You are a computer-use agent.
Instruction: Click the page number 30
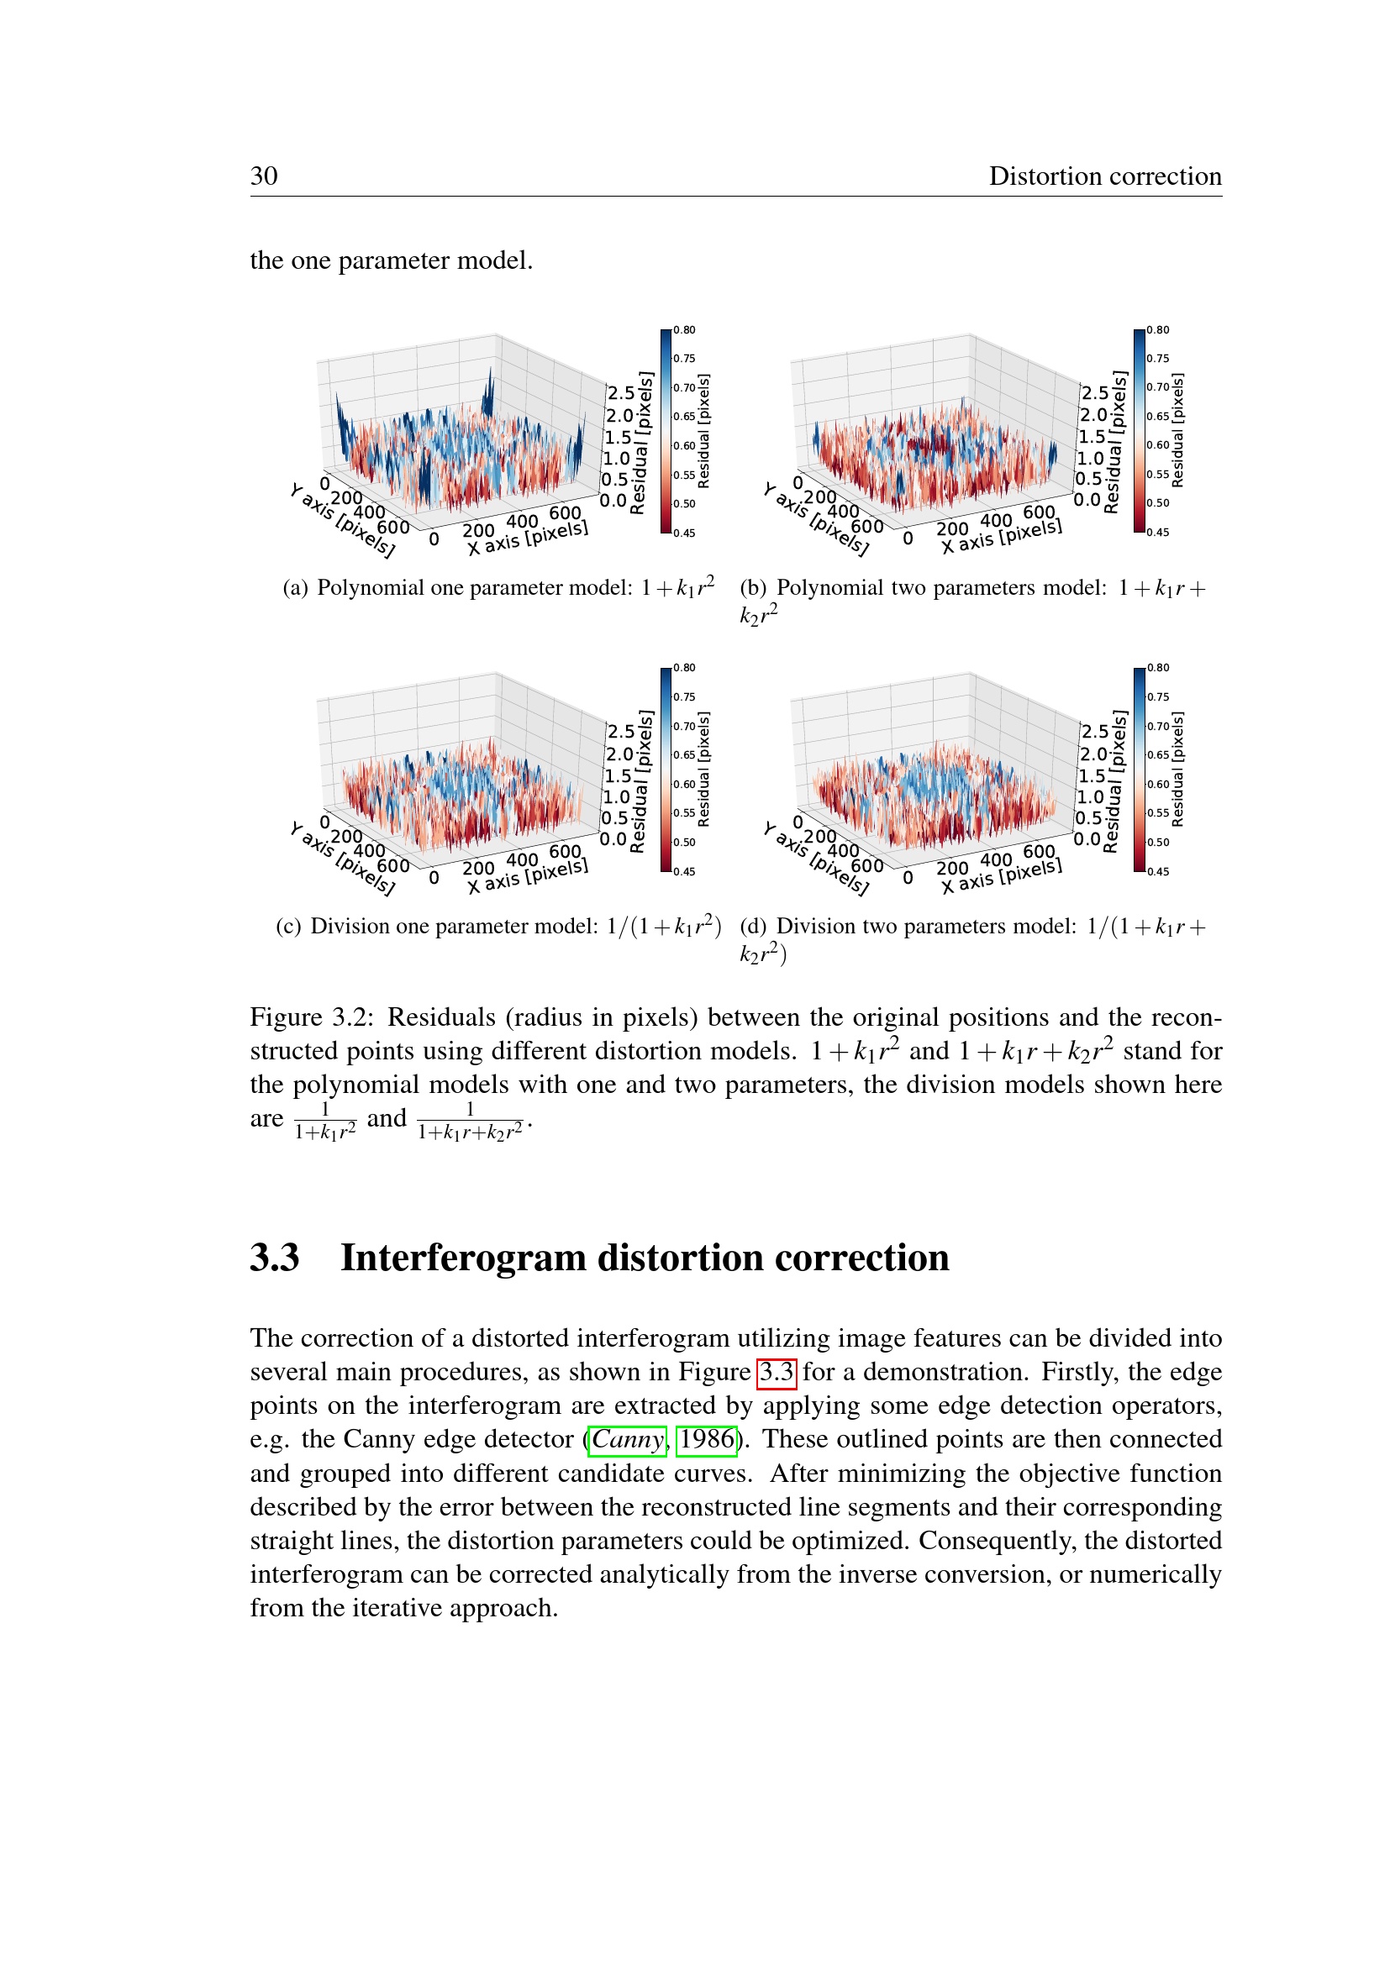click(x=264, y=176)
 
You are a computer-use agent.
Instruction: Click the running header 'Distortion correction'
click(x=1104, y=176)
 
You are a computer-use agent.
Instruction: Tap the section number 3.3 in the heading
click(x=275, y=1258)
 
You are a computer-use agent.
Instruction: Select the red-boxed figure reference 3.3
click(x=777, y=1372)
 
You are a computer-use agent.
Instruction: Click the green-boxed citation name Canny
click(x=628, y=1440)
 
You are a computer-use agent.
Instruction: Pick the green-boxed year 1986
click(x=706, y=1440)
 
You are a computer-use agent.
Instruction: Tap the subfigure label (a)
click(x=295, y=588)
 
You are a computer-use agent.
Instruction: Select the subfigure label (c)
click(x=288, y=926)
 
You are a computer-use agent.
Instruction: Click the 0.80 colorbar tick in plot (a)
click(x=684, y=330)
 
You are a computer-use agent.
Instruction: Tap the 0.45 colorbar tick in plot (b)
click(x=1157, y=532)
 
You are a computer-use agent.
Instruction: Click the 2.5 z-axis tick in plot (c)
click(x=620, y=732)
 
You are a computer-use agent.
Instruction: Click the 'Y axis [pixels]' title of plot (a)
click(x=342, y=521)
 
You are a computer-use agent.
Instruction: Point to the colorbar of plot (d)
click(x=1139, y=770)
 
